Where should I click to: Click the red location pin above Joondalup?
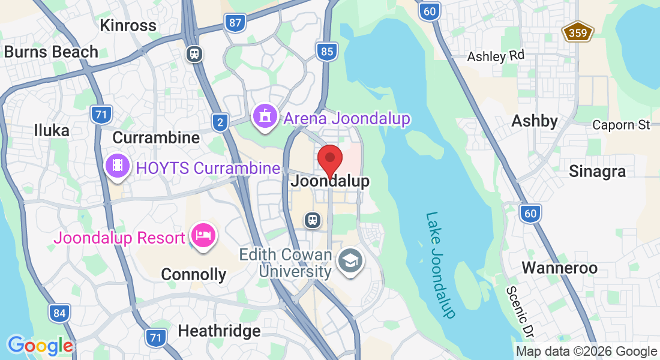coord(329,160)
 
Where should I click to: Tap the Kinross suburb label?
coord(128,25)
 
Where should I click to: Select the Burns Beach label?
coord(51,52)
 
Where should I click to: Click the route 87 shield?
coord(235,23)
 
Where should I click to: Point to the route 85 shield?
coord(326,52)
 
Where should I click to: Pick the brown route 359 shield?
coord(578,32)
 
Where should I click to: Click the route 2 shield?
coord(220,123)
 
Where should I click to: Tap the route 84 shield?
coord(59,313)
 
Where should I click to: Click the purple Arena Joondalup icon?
coord(265,118)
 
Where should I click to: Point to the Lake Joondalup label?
coord(441,264)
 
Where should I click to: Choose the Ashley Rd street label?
coord(496,56)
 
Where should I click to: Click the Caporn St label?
coord(621,125)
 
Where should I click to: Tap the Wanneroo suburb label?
coord(559,268)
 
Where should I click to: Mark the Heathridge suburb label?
coord(219,331)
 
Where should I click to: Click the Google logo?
coord(40,346)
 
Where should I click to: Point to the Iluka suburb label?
coord(52,130)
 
